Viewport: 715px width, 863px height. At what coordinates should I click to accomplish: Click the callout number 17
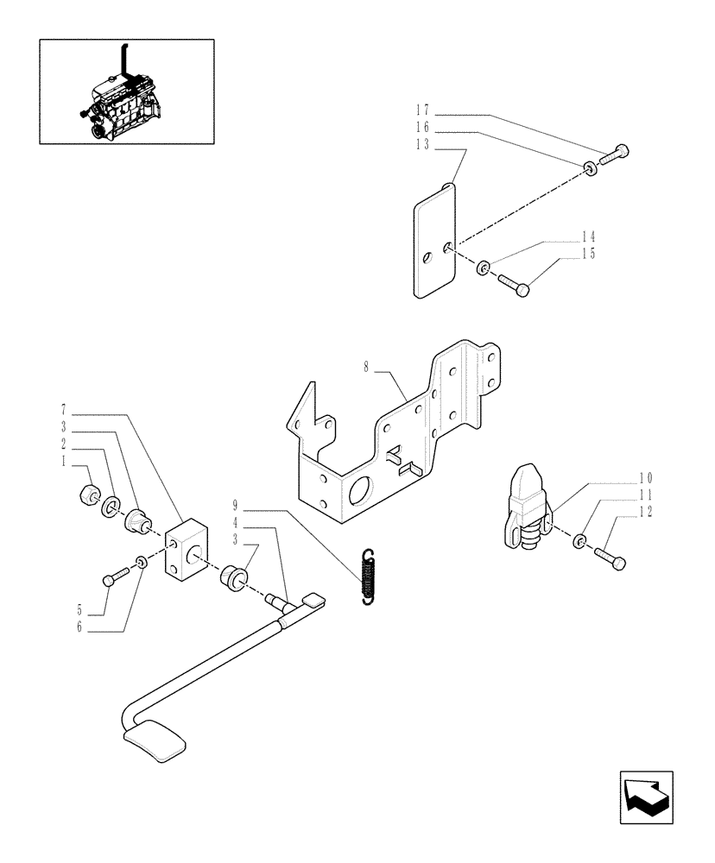point(421,111)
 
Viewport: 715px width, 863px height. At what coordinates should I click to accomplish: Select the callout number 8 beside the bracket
point(366,367)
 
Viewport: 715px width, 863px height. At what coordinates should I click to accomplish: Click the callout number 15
point(589,254)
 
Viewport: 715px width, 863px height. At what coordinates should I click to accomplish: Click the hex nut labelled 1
point(87,495)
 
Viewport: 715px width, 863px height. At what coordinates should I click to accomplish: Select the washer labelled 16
point(590,167)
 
